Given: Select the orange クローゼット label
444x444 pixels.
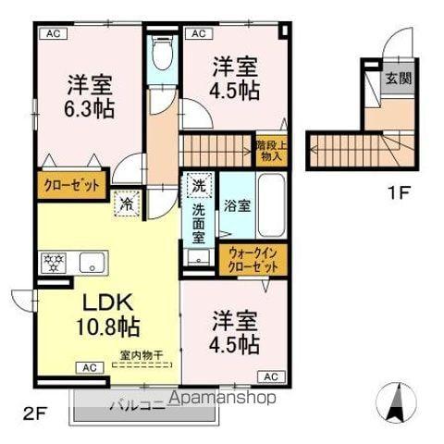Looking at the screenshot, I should pos(71,185).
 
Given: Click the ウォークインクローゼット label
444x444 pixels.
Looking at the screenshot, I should pos(253,259).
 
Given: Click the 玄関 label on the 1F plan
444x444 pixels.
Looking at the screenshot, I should pos(399,79).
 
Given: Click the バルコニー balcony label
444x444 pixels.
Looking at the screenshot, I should pos(139,404).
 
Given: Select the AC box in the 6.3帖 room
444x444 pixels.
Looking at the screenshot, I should pos(53,34).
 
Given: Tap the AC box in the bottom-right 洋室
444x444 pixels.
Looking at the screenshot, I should pos(271,377).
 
